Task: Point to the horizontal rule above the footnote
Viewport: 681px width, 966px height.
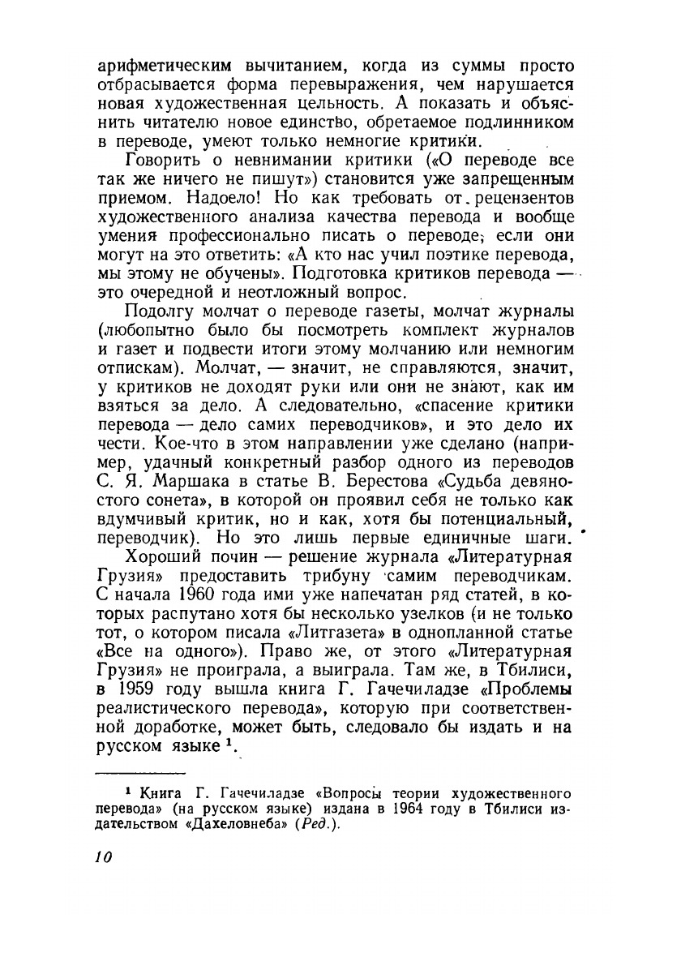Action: coord(140,774)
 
